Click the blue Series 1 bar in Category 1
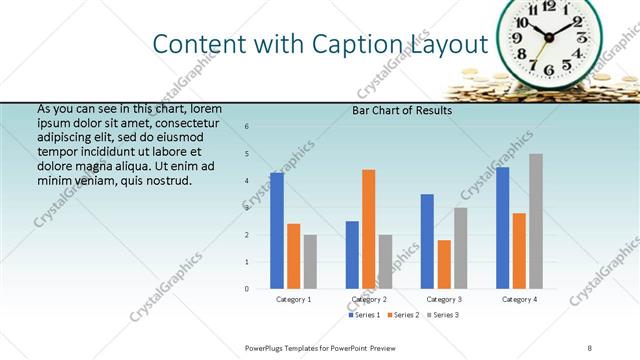pos(277,230)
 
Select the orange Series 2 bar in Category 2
pos(368,229)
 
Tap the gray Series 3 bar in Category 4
pos(536,221)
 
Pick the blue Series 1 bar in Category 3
pos(427,241)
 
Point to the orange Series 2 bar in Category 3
pos(444,264)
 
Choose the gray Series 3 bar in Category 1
pos(310,262)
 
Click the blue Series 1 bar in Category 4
pos(502,227)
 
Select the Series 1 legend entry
pos(365,315)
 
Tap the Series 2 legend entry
pos(403,315)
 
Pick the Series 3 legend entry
pos(442,315)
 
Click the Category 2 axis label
pos(369,299)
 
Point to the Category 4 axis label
pos(519,299)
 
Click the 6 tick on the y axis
pos(247,127)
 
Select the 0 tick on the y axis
pos(247,289)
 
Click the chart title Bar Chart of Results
pos(402,111)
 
